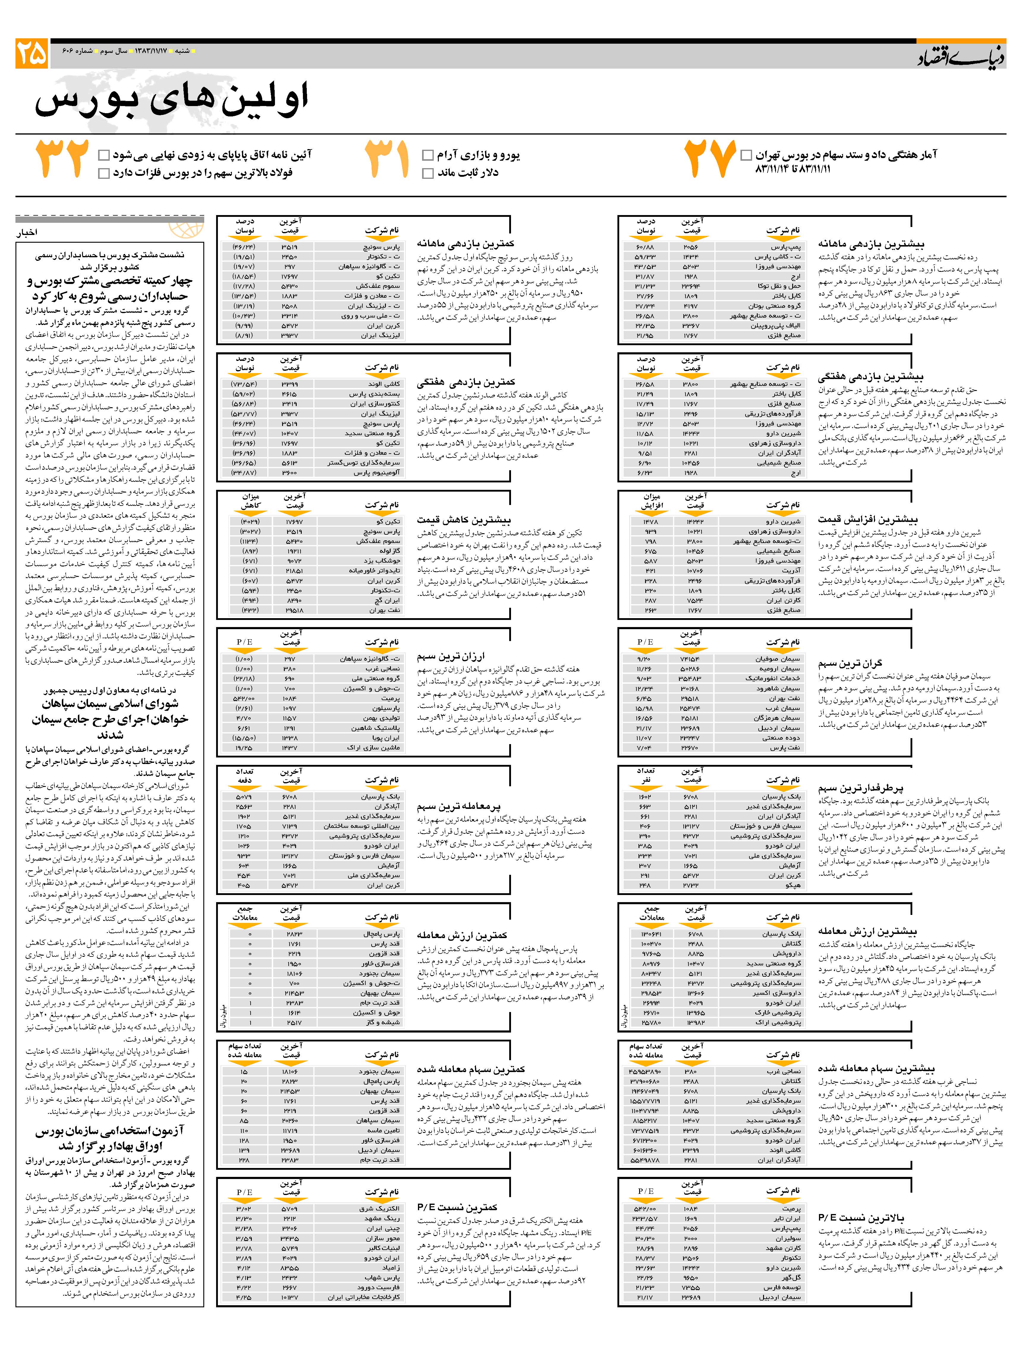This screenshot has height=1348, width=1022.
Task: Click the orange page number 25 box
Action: click(32, 54)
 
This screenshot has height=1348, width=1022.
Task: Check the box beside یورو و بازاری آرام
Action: click(427, 155)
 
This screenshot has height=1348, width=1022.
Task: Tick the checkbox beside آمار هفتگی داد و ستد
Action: click(746, 155)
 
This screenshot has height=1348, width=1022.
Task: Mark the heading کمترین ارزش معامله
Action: click(462, 935)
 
